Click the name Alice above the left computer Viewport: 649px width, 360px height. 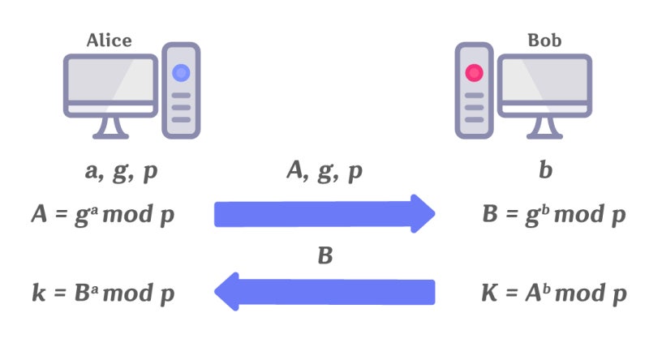tap(110, 41)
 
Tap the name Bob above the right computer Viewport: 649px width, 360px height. tap(544, 41)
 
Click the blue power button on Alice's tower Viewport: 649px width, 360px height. tap(181, 73)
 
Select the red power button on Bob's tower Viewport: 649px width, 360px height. tap(474, 73)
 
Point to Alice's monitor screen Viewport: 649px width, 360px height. tap(110, 79)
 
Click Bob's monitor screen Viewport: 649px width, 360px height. tap(544, 79)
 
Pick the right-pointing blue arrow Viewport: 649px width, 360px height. tap(324, 214)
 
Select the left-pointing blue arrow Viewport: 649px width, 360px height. tap(324, 292)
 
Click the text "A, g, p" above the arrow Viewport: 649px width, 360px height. tap(324, 171)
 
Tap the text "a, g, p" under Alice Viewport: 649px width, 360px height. tap(121, 172)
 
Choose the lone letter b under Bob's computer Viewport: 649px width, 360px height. tap(545, 170)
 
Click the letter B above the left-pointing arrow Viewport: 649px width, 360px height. tap(325, 255)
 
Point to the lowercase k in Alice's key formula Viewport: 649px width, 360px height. tap(39, 293)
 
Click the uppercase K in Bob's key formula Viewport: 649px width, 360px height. tap(490, 293)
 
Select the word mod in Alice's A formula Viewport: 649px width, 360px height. tap(127, 214)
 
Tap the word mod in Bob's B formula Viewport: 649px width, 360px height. tap(579, 214)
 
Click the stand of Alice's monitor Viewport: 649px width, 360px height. tap(110, 127)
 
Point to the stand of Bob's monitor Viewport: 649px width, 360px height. tap(544, 127)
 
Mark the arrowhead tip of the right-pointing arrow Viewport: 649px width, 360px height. tap(435, 213)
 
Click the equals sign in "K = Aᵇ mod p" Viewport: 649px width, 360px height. tap(512, 294)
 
